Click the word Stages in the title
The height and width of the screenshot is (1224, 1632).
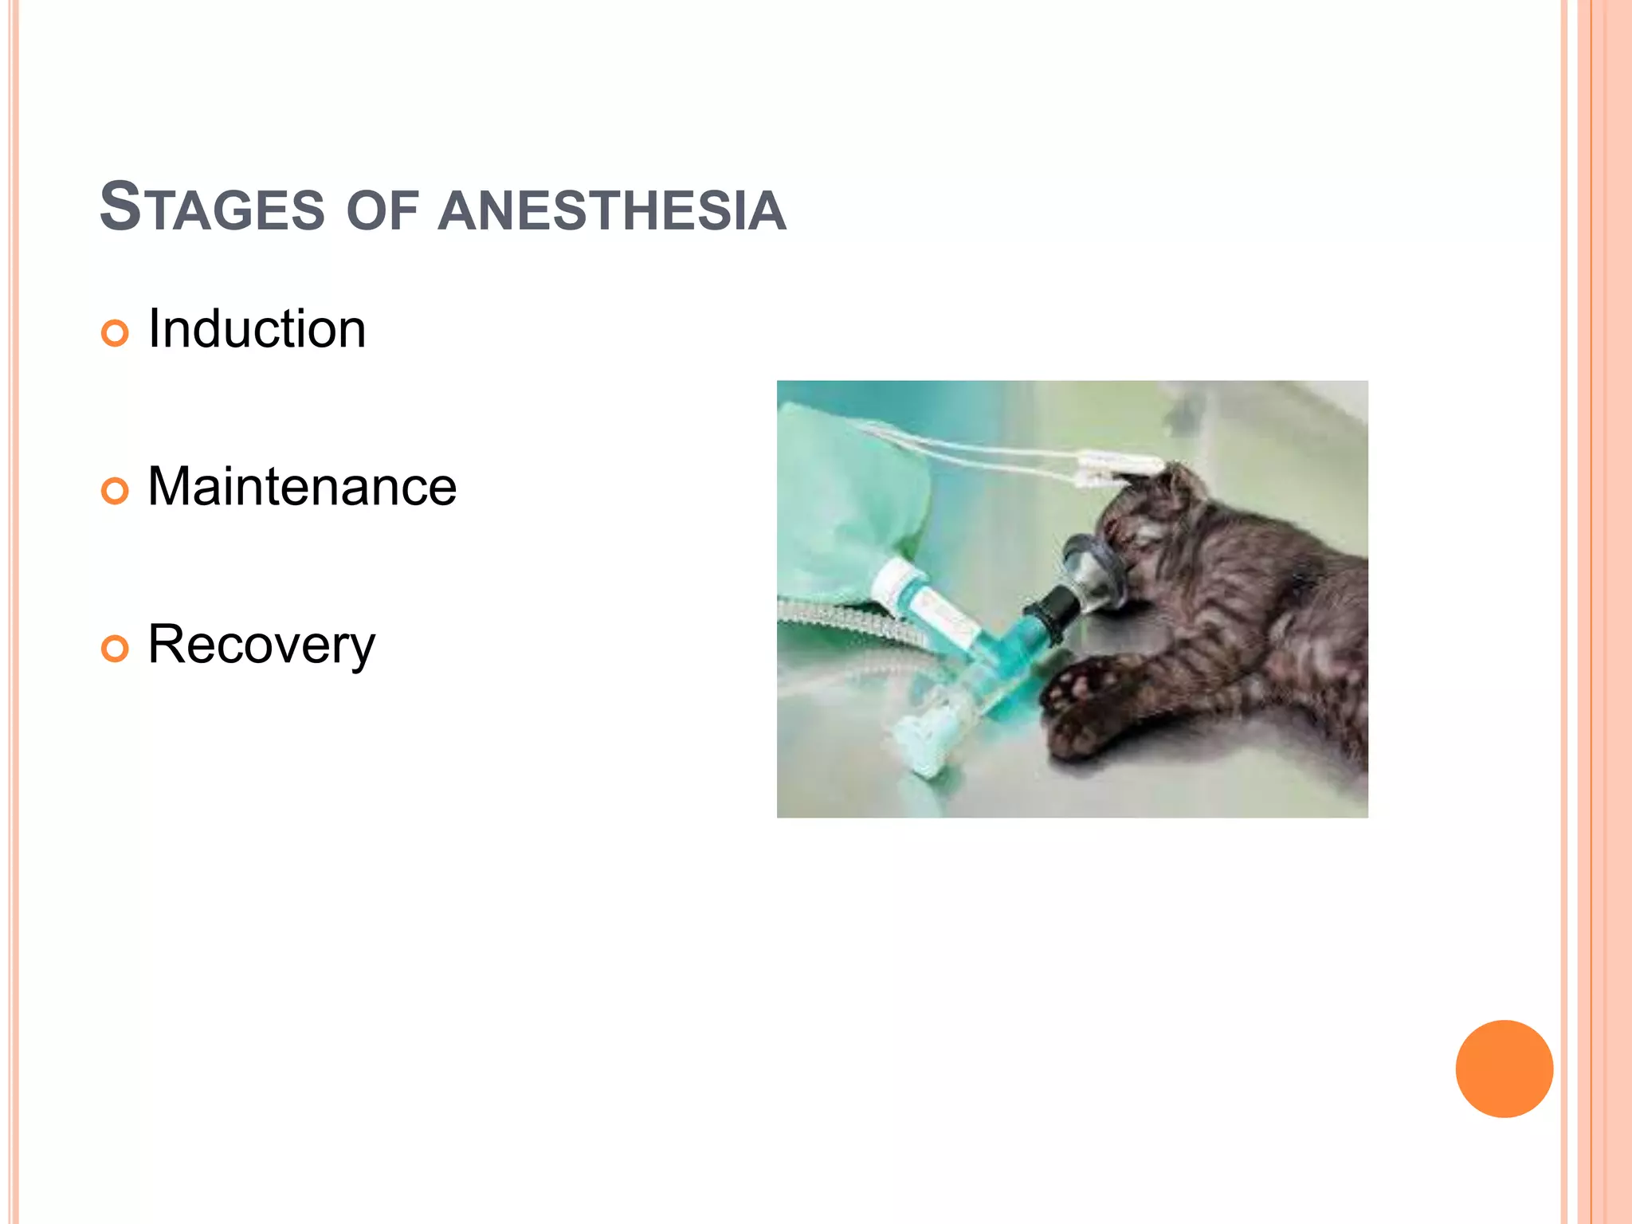click(212, 208)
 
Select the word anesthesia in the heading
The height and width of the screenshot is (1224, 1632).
click(612, 211)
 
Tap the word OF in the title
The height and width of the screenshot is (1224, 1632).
click(382, 212)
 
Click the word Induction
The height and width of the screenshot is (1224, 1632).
click(257, 329)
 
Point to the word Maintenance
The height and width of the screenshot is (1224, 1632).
click(302, 487)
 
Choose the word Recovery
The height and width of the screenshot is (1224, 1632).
click(261, 645)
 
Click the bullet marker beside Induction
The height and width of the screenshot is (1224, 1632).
click(115, 333)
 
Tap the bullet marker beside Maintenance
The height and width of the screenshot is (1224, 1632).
click(115, 491)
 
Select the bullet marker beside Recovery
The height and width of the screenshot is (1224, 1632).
click(115, 649)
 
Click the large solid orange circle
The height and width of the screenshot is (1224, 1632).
click(1504, 1069)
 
